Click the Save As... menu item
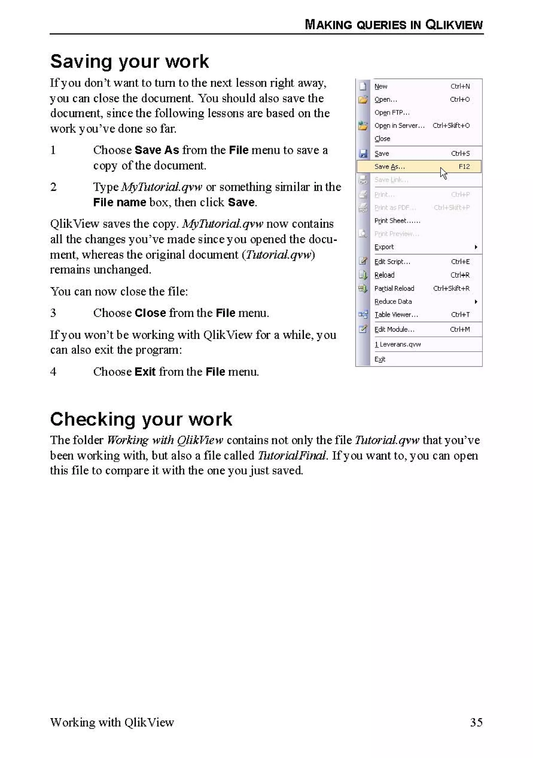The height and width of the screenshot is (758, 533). (389, 167)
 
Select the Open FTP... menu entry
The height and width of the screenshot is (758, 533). (392, 112)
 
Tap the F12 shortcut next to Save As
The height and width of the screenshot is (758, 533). (464, 167)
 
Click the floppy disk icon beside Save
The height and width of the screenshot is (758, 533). (363, 154)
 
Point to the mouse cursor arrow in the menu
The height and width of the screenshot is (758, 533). (443, 173)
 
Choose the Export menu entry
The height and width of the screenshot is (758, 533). (384, 247)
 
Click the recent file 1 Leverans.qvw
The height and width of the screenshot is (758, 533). (397, 344)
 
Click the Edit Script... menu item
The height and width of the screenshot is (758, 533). (392, 262)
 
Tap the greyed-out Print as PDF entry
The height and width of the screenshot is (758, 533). (395, 208)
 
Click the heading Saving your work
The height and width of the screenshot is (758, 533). (129, 61)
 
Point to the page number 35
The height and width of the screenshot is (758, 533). (476, 722)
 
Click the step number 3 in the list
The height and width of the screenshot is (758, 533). (53, 313)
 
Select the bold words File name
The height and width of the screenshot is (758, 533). (119, 202)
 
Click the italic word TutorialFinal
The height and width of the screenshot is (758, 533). (292, 456)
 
